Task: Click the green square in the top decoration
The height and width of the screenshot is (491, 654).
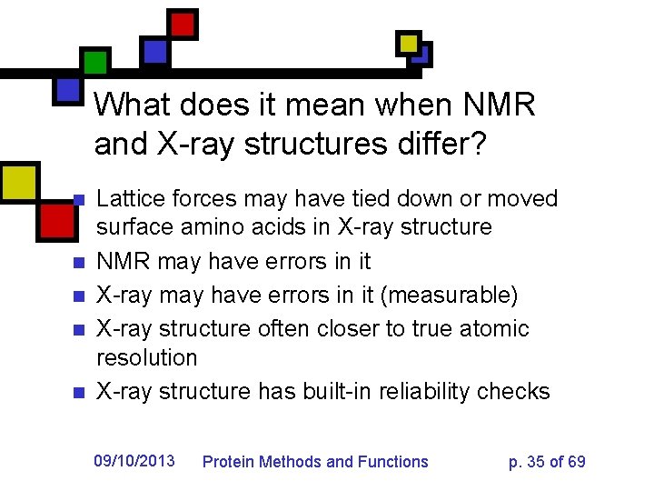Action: point(94,62)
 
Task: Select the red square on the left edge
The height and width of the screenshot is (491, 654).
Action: point(57,219)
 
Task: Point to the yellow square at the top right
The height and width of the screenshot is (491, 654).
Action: point(409,43)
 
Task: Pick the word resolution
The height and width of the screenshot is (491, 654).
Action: point(146,357)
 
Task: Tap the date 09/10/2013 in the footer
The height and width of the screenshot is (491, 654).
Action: point(134,460)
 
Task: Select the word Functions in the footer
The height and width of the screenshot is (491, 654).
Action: point(394,462)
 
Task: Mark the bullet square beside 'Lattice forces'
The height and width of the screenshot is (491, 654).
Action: point(78,199)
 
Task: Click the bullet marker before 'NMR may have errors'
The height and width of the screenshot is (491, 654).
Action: point(78,263)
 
